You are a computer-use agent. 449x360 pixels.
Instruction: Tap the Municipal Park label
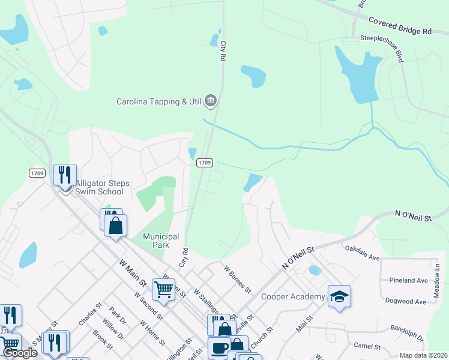tap(161, 241)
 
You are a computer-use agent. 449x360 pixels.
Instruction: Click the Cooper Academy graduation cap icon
tap(339, 296)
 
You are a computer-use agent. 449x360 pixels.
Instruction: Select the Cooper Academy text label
tap(293, 296)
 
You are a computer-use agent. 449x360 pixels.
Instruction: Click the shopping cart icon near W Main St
tap(163, 290)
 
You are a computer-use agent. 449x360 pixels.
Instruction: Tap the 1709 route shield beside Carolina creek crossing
tap(205, 163)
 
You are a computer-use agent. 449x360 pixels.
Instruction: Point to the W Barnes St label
tap(237, 280)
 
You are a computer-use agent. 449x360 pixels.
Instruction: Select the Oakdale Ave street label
tap(363, 253)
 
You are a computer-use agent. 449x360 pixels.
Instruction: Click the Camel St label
tap(367, 346)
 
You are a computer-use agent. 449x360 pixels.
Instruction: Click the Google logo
tap(20, 352)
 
